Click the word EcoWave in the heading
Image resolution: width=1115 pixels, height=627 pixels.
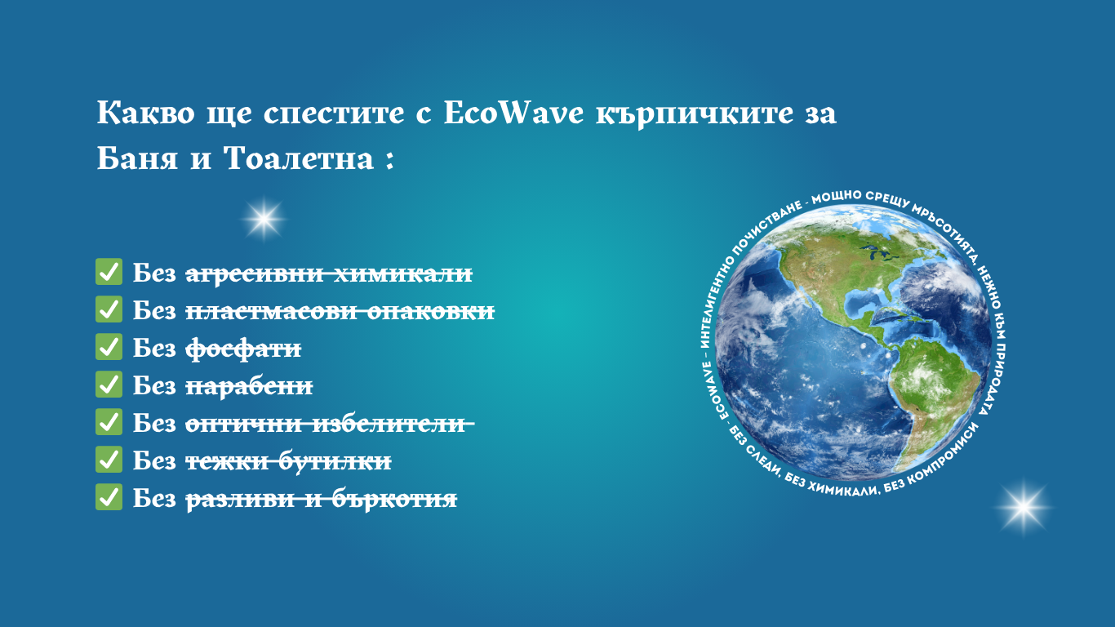click(513, 113)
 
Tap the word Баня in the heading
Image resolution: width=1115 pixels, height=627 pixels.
click(137, 158)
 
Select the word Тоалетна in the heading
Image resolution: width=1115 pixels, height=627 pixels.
click(299, 158)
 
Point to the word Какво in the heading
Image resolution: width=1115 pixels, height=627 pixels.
click(145, 113)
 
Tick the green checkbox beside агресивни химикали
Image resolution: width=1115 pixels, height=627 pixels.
click(109, 271)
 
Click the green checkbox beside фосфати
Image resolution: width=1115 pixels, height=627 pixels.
click(109, 347)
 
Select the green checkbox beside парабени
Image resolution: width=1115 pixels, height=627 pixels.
click(109, 384)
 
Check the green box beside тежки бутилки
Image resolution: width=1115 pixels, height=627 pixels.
click(109, 459)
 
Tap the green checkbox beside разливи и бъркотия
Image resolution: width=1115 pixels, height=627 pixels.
click(109, 497)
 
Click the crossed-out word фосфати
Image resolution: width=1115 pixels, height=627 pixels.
click(243, 349)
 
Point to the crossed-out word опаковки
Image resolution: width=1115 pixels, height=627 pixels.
click(431, 312)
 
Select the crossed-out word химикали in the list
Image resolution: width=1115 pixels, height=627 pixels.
click(402, 273)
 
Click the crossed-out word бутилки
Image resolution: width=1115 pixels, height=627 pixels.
click(335, 461)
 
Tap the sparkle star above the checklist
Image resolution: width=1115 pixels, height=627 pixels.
click(264, 219)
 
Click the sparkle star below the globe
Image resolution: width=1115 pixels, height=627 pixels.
click(1024, 508)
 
